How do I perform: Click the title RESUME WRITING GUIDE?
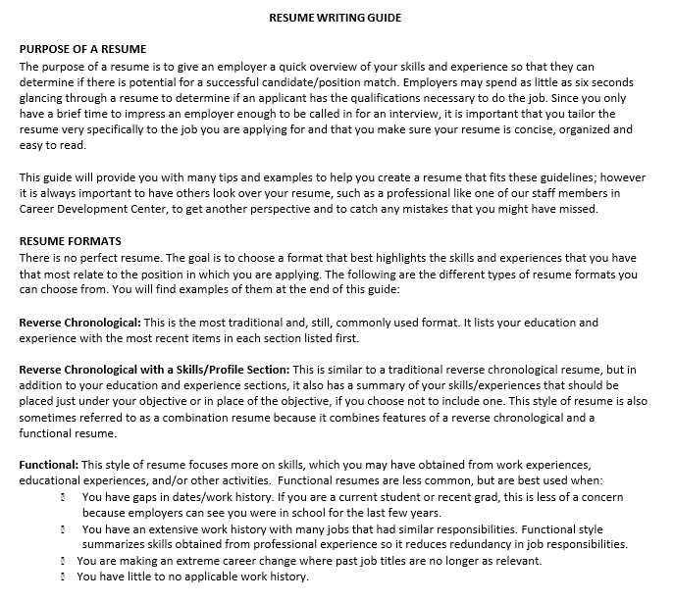coord(335,18)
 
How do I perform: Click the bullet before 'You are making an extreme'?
coord(64,561)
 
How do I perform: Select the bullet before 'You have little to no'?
coord(64,577)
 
